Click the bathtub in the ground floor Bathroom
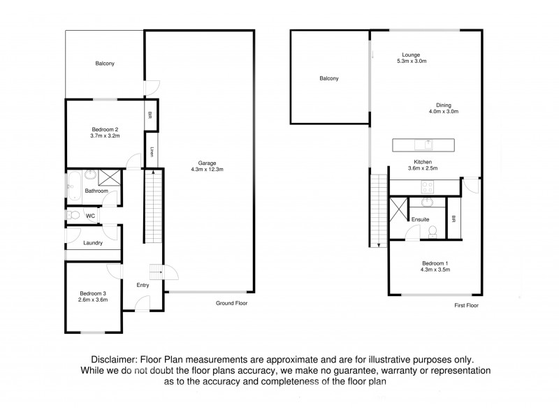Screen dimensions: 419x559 [73, 184]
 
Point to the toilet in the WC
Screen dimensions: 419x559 [73, 216]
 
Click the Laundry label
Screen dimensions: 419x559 [93, 243]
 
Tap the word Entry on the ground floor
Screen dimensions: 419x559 [143, 285]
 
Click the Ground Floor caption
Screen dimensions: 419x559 [231, 304]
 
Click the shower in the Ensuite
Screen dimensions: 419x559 [398, 209]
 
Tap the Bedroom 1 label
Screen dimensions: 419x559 [435, 263]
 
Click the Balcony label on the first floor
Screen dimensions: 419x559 [329, 78]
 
